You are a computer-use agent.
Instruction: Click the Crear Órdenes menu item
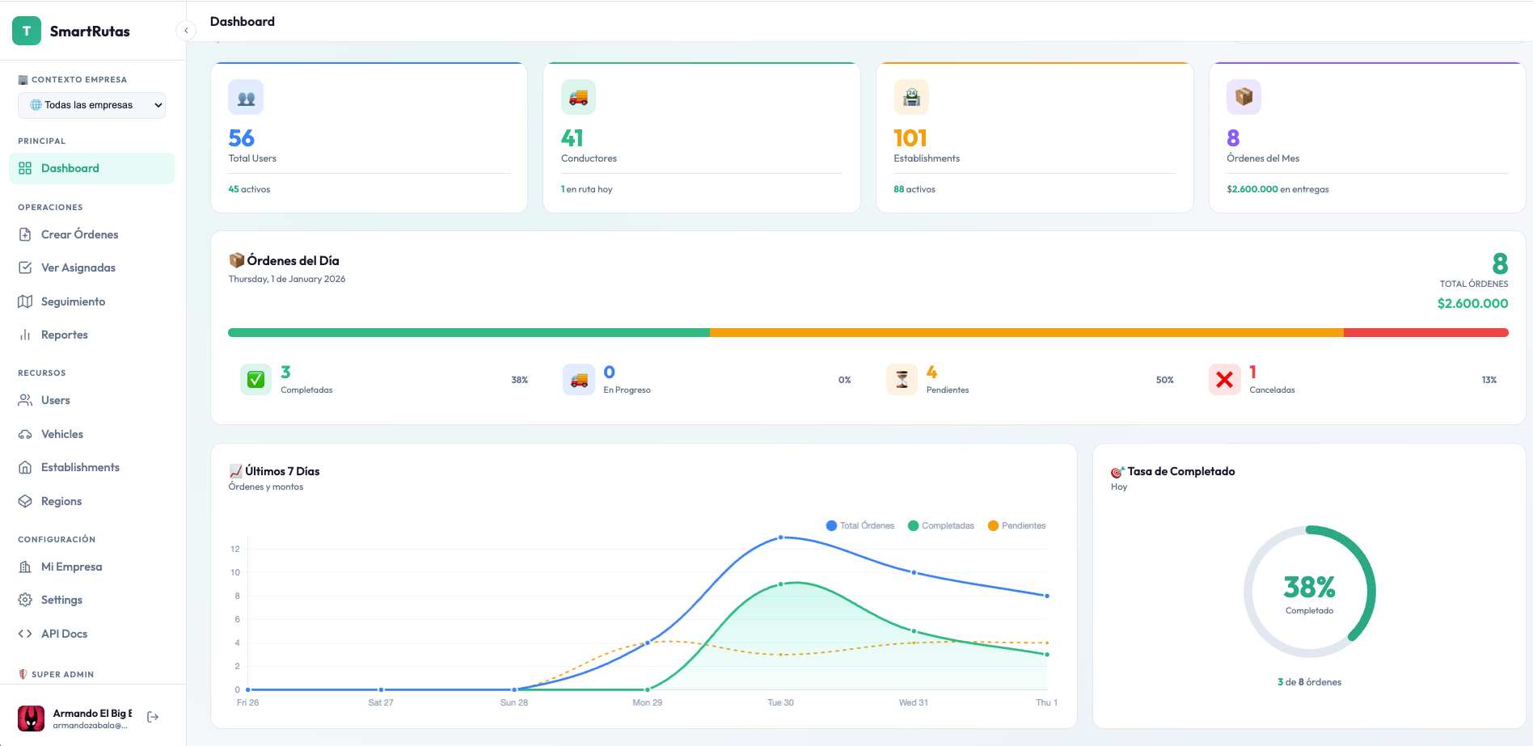79,234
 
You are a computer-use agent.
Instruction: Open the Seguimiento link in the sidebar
73,301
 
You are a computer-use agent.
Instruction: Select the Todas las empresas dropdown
91,105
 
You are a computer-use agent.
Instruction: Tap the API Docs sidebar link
64,634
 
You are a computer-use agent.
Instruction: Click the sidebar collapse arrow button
186,31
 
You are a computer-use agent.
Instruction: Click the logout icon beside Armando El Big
153,717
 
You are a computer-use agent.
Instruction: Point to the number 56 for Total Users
241,138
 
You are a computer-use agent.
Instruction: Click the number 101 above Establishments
910,138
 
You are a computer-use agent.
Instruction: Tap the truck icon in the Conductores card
578,97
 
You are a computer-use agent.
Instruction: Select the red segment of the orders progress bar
1425,332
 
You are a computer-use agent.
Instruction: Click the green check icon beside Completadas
255,379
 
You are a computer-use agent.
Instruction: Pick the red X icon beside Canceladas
1224,379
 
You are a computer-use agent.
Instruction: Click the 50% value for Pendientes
1164,380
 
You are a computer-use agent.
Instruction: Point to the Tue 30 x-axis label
780,702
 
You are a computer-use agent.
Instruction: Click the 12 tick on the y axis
235,549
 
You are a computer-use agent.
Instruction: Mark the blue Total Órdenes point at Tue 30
780,537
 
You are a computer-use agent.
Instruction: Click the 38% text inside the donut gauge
1309,586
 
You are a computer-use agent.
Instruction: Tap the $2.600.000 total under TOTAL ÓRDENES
1472,304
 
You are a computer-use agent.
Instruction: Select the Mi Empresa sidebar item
71,567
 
